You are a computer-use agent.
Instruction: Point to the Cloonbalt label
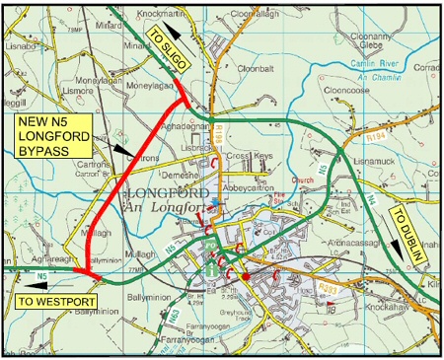coord(255,69)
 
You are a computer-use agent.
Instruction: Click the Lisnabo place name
coord(20,44)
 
